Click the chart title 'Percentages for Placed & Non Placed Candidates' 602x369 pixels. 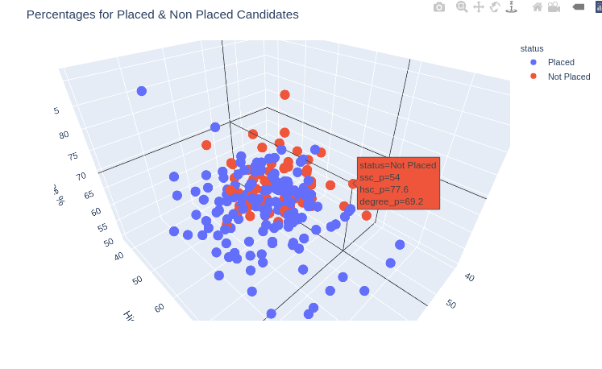pyautogui.click(x=162, y=15)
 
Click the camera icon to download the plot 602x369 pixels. pyautogui.click(x=439, y=7)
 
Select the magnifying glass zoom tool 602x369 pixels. pyautogui.click(x=462, y=7)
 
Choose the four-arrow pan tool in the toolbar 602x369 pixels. pyautogui.click(x=479, y=7)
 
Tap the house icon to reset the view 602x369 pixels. pyautogui.click(x=538, y=7)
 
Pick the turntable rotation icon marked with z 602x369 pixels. pyautogui.click(x=511, y=7)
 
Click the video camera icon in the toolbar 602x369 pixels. pyautogui.click(x=554, y=7)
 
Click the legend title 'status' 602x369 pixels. pyautogui.click(x=532, y=48)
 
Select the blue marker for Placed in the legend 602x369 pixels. pyautogui.click(x=533, y=62)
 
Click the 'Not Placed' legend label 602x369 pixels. pyautogui.click(x=569, y=77)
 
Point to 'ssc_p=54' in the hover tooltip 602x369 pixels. pyautogui.click(x=380, y=177)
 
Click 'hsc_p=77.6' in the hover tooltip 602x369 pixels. pyautogui.click(x=384, y=189)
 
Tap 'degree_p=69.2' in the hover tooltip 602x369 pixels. pyautogui.click(x=391, y=201)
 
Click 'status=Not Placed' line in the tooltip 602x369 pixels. pyautogui.click(x=397, y=165)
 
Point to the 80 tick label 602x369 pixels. pyautogui.click(x=64, y=135)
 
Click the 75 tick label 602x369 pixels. pyautogui.click(x=73, y=156)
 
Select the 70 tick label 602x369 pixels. pyautogui.click(x=81, y=176)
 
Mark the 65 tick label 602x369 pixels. pyautogui.click(x=89, y=194)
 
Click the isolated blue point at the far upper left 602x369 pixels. pyautogui.click(x=142, y=91)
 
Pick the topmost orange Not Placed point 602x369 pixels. pyautogui.click(x=284, y=94)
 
